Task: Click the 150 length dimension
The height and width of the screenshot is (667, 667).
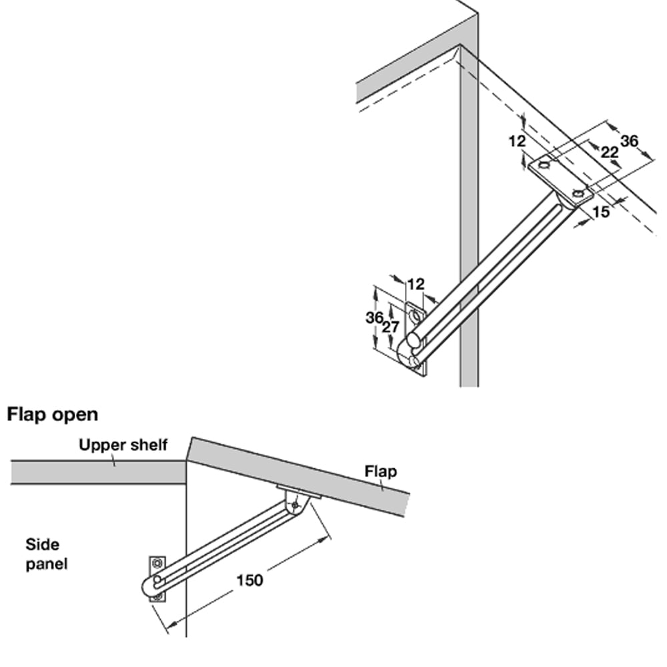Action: tap(250, 580)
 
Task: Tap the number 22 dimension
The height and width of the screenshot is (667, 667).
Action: tap(610, 152)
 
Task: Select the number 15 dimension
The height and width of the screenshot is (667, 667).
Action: tap(601, 213)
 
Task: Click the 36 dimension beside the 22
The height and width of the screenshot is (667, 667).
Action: tap(629, 141)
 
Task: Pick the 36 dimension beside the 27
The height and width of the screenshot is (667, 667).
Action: tap(374, 317)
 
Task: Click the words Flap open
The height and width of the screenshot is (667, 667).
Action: tap(53, 414)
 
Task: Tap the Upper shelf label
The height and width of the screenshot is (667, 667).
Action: tap(123, 445)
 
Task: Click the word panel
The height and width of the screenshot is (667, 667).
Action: tap(47, 564)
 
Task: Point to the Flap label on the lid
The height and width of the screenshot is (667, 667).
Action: tap(380, 472)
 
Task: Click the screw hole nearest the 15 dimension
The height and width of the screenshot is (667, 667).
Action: tap(578, 195)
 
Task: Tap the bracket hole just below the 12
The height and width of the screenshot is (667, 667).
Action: tap(417, 313)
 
